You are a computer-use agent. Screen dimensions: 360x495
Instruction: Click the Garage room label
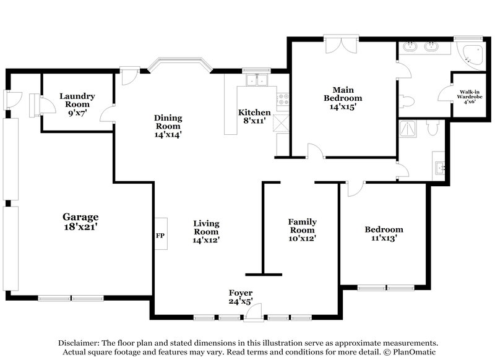point(80,221)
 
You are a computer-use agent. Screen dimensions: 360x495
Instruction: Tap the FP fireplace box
point(160,234)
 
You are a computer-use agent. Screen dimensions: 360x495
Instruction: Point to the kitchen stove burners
point(284,98)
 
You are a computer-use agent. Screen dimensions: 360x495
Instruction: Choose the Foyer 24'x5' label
point(240,297)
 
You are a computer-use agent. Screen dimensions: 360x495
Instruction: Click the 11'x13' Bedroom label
point(384,233)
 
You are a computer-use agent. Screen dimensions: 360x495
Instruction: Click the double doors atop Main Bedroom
point(341,46)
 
